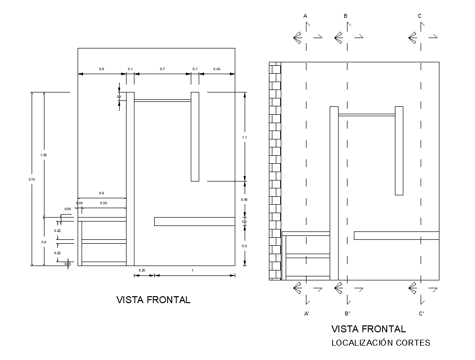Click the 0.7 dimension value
click(162, 69)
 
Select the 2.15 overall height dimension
click(31, 179)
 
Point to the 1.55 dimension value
click(43, 155)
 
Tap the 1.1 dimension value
click(244, 136)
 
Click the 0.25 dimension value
click(142, 270)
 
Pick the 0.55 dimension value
click(103, 203)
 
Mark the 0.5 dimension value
click(244, 246)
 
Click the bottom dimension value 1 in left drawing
click(192, 270)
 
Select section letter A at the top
click(305, 16)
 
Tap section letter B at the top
click(345, 16)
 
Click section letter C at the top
click(420, 16)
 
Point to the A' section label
click(306, 314)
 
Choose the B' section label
click(347, 314)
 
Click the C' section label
click(421, 314)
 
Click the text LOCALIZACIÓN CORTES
click(381, 343)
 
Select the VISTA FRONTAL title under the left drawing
click(153, 300)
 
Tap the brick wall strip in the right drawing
click(275, 171)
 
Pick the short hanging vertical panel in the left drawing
click(195, 136)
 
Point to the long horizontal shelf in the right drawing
click(396, 235)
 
